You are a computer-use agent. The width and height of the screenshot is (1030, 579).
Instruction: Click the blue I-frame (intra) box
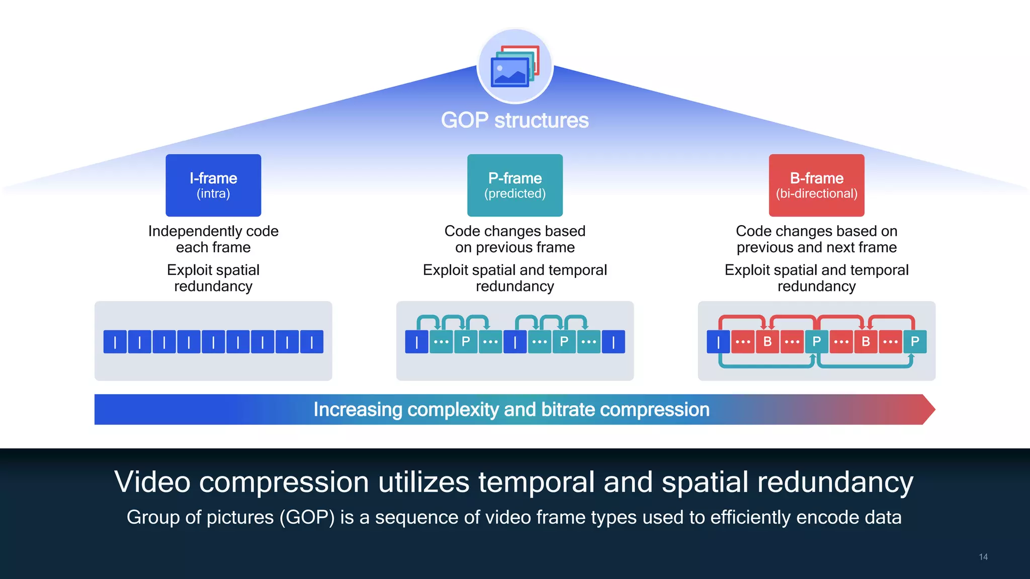[213, 185]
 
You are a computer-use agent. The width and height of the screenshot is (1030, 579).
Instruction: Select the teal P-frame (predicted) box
[514, 185]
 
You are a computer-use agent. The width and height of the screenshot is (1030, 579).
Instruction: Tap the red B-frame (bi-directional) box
[816, 185]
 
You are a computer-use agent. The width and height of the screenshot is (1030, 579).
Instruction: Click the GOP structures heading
[514, 121]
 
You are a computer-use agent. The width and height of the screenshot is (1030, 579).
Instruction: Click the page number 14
[983, 557]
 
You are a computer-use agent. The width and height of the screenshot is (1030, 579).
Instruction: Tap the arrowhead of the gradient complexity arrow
[928, 410]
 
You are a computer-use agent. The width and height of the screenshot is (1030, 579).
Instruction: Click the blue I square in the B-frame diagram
[718, 342]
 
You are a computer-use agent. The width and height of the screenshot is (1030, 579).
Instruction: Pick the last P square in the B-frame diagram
[915, 342]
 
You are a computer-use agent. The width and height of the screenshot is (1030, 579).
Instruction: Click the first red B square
[767, 342]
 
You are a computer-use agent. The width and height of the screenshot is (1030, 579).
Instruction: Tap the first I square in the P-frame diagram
[416, 342]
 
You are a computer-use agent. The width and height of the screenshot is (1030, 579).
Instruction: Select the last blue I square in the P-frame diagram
[614, 342]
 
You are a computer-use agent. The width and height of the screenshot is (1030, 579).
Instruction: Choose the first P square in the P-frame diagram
[466, 342]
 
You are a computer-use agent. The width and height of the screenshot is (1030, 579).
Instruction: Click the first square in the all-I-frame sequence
[115, 342]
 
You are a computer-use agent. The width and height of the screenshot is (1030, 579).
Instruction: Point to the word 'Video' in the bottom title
[152, 482]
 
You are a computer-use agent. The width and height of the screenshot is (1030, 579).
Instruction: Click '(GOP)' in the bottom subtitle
[307, 517]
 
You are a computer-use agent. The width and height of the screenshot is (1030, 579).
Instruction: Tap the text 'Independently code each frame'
[213, 239]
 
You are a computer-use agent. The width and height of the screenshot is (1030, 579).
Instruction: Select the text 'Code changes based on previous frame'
[514, 239]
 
